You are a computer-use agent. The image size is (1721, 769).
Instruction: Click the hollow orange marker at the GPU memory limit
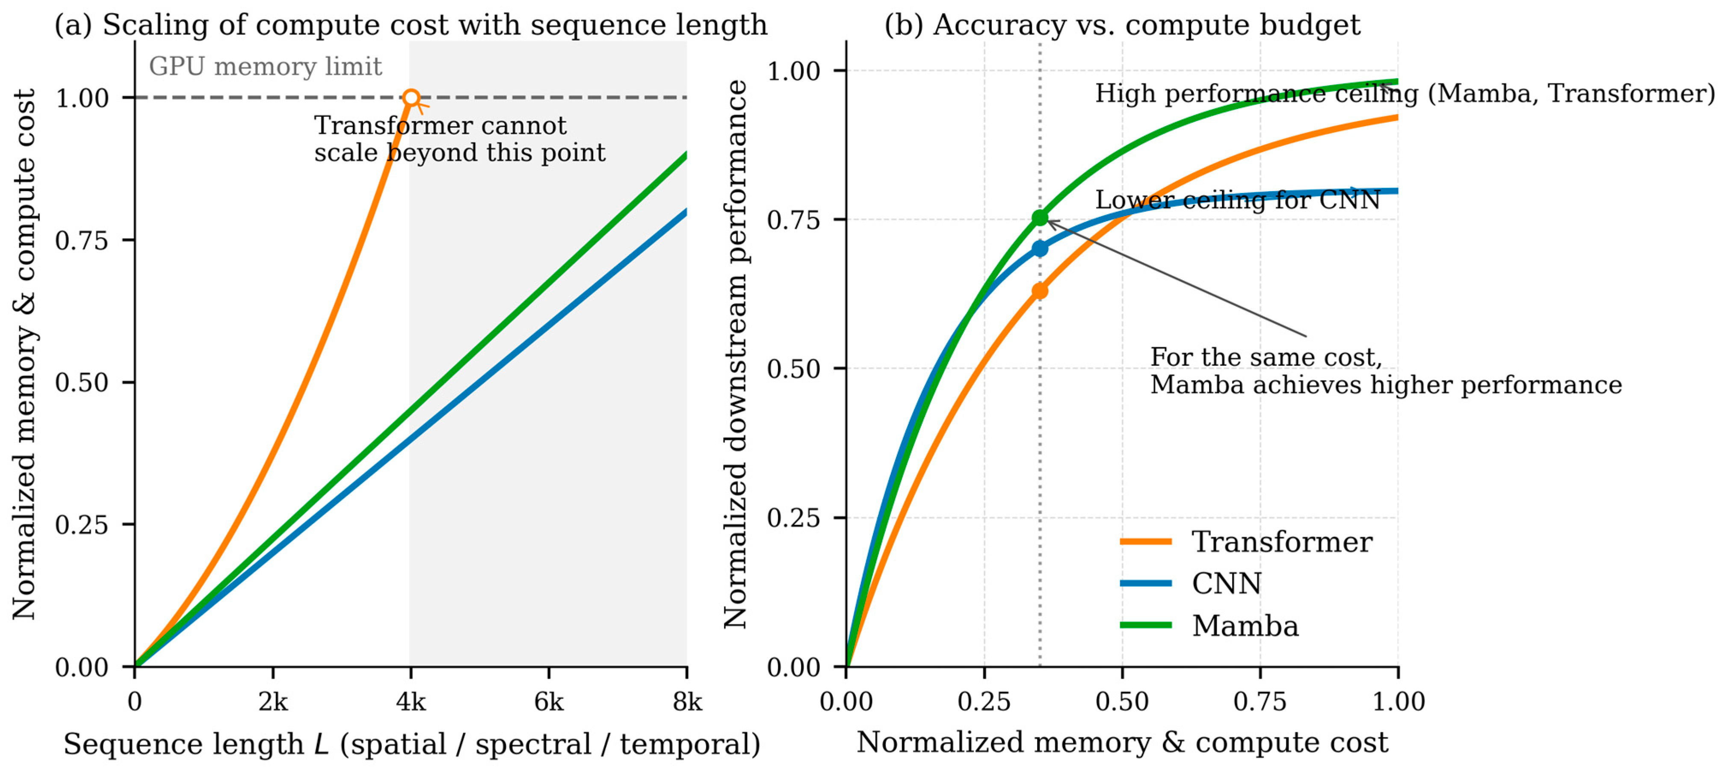pyautogui.click(x=411, y=98)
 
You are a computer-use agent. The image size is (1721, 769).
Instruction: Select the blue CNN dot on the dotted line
pyautogui.click(x=1040, y=248)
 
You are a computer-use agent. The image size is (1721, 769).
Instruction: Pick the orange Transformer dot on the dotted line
pyautogui.click(x=1040, y=291)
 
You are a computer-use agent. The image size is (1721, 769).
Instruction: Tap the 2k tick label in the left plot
pyautogui.click(x=272, y=702)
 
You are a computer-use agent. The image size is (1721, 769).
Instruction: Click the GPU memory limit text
pyautogui.click(x=265, y=67)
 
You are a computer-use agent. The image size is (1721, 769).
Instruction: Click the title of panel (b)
pyautogui.click(x=1122, y=25)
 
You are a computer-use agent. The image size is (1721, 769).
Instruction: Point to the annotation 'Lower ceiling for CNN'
pyautogui.click(x=1236, y=200)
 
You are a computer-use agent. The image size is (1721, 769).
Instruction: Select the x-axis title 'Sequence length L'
pyautogui.click(x=411, y=744)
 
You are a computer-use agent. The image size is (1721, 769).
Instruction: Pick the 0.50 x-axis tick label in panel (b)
pyautogui.click(x=1122, y=702)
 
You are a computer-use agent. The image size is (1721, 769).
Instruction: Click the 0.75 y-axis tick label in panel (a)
pyautogui.click(x=82, y=240)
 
